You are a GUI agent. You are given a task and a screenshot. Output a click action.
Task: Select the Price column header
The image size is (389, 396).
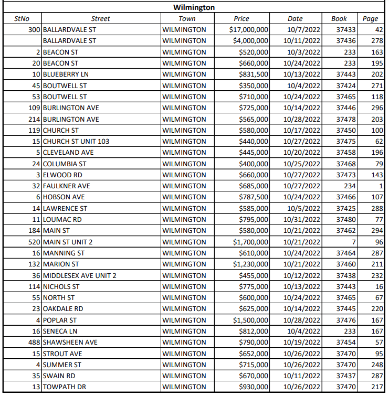tap(241, 19)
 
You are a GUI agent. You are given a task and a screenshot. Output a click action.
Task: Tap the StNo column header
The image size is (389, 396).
tap(22, 19)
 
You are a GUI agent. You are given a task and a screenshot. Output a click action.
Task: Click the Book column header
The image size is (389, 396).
tap(339, 19)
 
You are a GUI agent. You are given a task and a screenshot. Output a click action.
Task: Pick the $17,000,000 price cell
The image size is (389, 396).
tap(249, 29)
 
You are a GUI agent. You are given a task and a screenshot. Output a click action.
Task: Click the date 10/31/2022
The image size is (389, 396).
tap(303, 219)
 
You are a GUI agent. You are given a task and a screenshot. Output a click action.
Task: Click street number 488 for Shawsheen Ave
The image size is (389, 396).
tap(34, 343)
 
